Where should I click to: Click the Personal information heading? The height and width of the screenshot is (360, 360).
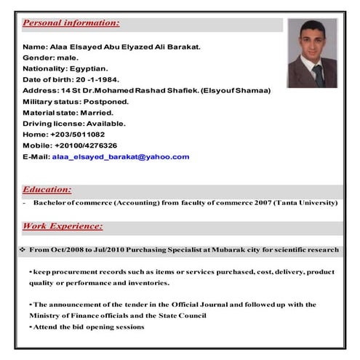coord(71,23)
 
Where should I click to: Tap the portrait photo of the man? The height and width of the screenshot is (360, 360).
coord(312,52)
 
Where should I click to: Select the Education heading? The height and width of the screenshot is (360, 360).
coord(47,189)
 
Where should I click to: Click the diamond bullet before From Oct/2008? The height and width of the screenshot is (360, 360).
coord(23,249)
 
